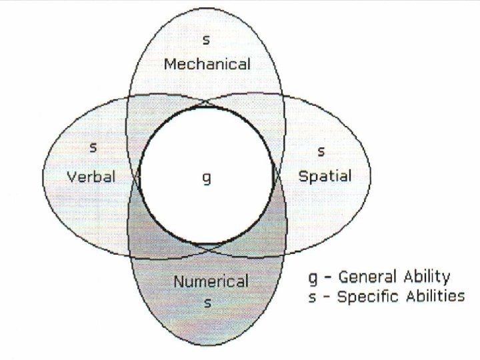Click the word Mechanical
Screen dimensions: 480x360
coord(207,65)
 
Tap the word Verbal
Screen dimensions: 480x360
coord(91,177)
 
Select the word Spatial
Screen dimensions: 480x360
coord(324,177)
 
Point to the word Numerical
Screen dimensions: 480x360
coord(211,281)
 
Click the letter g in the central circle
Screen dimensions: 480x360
coord(207,179)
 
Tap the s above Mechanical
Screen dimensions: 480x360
coord(207,41)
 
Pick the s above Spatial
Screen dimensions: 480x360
coord(321,151)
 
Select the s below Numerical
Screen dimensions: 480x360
coord(207,303)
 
